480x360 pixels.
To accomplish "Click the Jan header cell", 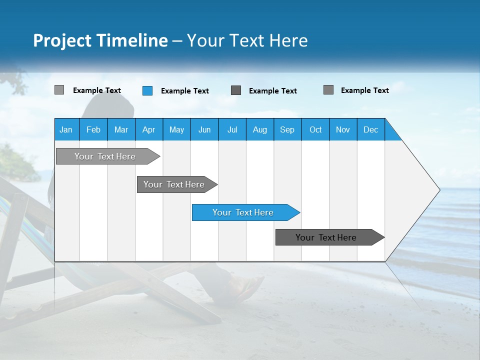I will (66, 129).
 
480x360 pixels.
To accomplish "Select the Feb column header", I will (93, 129).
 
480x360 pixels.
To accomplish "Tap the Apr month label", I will (148, 129).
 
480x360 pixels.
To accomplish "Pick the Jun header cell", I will (204, 129).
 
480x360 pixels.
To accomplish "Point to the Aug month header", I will (259, 129).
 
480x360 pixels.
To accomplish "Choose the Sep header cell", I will (287, 129).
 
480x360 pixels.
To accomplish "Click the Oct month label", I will (315, 129).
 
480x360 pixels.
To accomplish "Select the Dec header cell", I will (370, 129).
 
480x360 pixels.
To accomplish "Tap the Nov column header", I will (343, 129).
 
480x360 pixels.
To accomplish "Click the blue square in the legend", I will (147, 90).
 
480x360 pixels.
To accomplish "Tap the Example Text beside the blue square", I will (185, 91).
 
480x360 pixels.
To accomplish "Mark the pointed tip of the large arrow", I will (438, 189).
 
